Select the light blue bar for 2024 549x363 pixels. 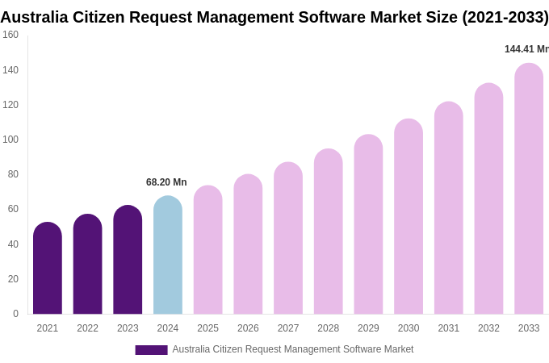click(x=168, y=256)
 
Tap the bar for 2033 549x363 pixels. click(x=529, y=190)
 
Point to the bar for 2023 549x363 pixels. click(x=128, y=261)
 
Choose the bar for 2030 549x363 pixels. click(x=409, y=217)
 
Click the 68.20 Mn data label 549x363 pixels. click(x=166, y=182)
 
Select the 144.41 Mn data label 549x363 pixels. click(x=526, y=49)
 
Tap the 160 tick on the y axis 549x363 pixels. click(x=10, y=35)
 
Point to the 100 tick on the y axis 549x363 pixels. click(x=10, y=140)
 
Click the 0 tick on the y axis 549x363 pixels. click(x=15, y=314)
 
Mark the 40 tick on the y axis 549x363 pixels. click(x=13, y=244)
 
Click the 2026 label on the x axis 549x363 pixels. click(x=248, y=328)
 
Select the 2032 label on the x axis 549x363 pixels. click(x=488, y=328)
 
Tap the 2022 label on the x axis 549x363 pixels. click(x=87, y=328)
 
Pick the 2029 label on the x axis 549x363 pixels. click(x=368, y=328)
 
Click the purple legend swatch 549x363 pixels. click(x=151, y=350)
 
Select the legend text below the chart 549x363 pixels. click(x=292, y=349)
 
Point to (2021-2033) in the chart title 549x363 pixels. click(x=505, y=17)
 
